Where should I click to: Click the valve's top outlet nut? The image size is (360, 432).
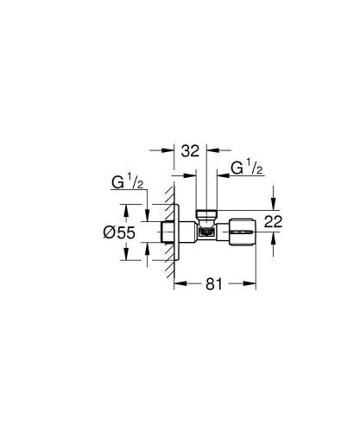[208, 214]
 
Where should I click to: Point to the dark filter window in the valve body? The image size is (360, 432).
[207, 232]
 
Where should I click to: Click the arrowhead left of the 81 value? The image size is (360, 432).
[179, 283]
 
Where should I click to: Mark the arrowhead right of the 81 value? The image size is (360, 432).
[253, 283]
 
